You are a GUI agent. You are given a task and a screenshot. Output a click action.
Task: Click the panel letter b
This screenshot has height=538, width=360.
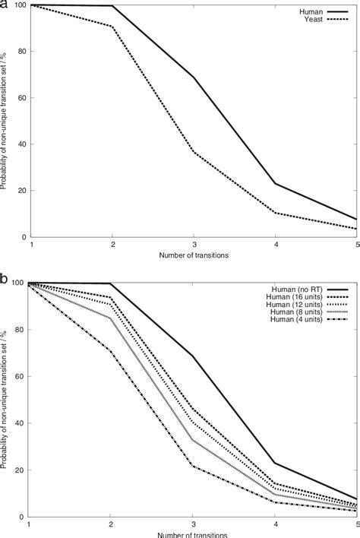pyautogui.click(x=5, y=280)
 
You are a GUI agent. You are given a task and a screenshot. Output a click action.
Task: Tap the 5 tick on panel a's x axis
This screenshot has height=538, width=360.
pyautogui.click(x=355, y=245)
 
